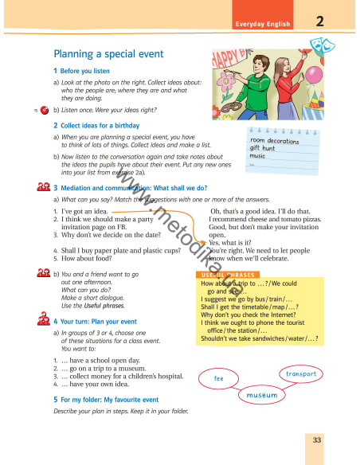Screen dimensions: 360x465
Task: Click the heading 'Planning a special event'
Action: click(x=108, y=54)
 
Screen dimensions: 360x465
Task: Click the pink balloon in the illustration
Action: click(x=314, y=76)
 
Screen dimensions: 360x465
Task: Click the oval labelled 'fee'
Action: click(x=218, y=378)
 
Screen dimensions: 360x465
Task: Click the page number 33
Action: click(x=317, y=440)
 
